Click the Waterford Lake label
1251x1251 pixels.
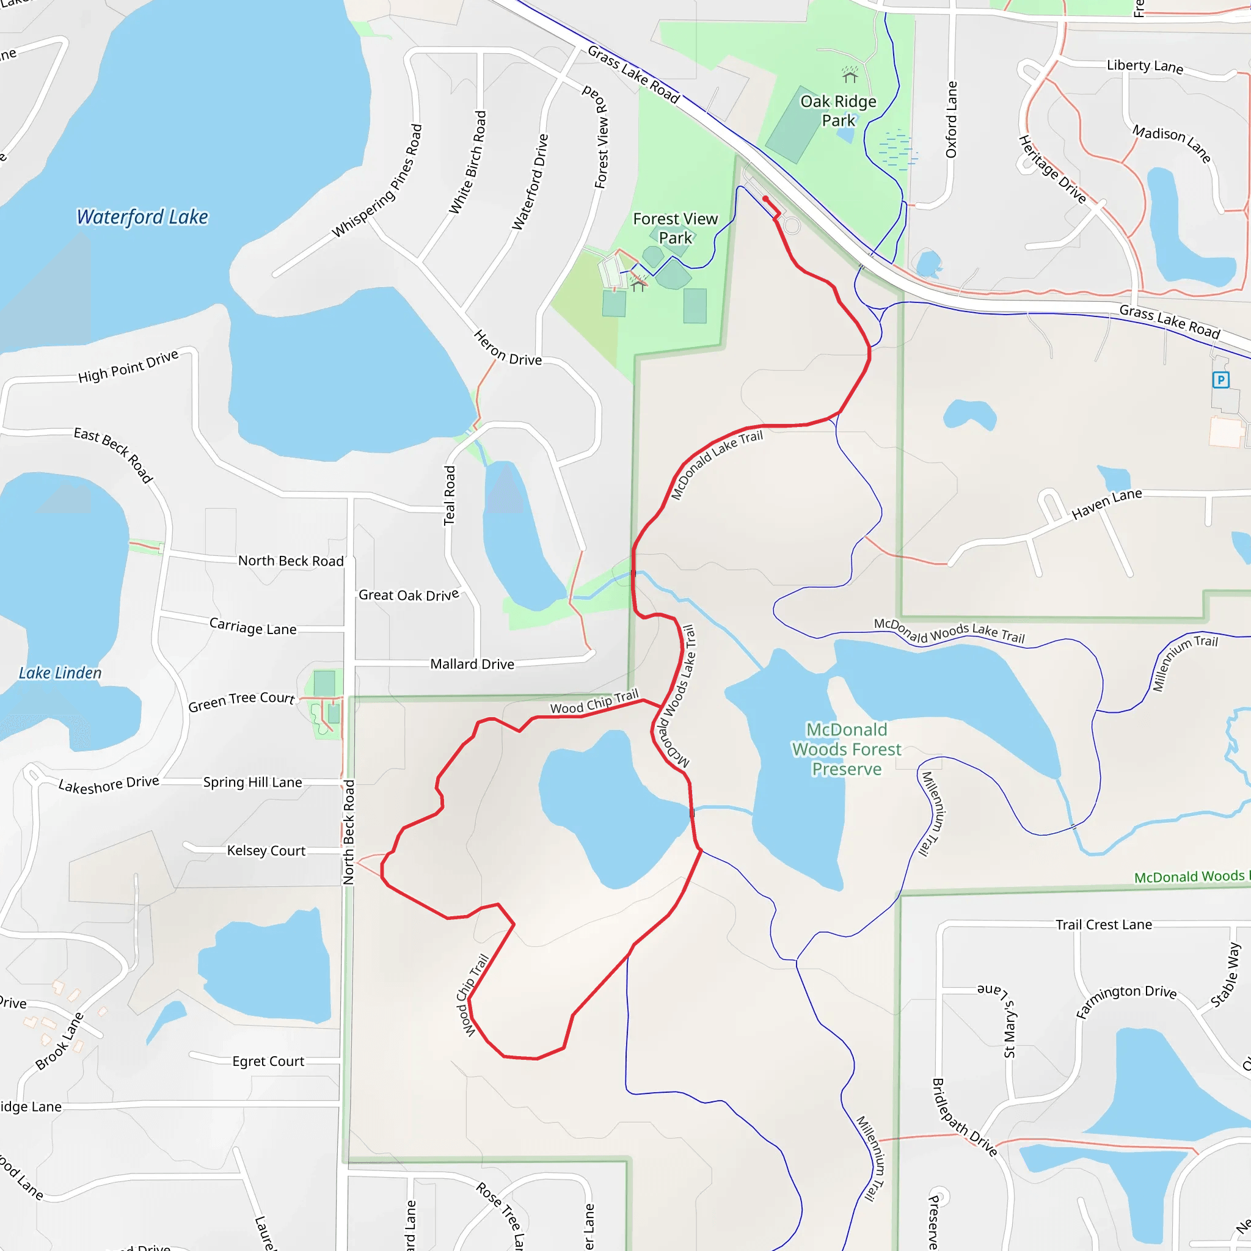tap(142, 217)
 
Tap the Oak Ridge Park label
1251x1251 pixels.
tap(839, 111)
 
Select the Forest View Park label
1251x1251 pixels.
tap(676, 228)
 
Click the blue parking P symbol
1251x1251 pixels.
tap(1220, 380)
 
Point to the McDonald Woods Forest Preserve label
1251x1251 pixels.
tap(846, 749)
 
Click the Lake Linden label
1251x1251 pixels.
tap(60, 673)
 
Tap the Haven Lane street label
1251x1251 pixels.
tap(1107, 503)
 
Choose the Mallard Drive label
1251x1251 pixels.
tap(472, 664)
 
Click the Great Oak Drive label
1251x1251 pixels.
tap(409, 594)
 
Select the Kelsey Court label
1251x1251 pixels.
tap(266, 850)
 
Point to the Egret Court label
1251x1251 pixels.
tap(268, 1060)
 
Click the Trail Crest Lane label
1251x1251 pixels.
tap(1103, 924)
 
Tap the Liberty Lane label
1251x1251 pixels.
tap(1145, 66)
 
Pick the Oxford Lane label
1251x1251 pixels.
tap(951, 120)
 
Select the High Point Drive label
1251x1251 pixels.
tap(128, 366)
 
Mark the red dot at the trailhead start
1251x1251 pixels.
tap(765, 199)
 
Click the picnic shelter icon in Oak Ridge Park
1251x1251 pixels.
tap(850, 76)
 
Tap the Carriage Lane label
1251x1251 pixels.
tap(253, 626)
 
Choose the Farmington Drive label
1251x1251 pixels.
tap(1126, 1001)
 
